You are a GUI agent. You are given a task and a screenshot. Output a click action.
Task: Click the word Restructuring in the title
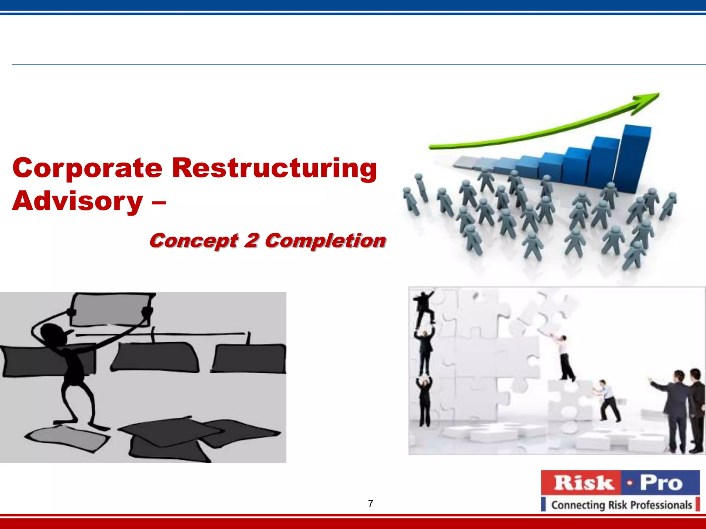pos(274,168)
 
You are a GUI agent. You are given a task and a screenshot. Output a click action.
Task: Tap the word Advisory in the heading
pos(78,201)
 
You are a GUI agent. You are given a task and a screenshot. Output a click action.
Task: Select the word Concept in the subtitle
pos(193,240)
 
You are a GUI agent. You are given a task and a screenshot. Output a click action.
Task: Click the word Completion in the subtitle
pos(325,240)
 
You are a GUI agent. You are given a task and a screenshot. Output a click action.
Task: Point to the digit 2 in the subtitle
pos(251,240)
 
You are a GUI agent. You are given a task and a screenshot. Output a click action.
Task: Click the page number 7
pos(371,504)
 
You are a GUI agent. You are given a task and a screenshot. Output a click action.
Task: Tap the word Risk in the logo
pos(584,483)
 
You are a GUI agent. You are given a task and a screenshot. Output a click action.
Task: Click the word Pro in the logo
pos(661,483)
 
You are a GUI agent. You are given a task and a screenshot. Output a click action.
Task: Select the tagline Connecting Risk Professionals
pos(621,505)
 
